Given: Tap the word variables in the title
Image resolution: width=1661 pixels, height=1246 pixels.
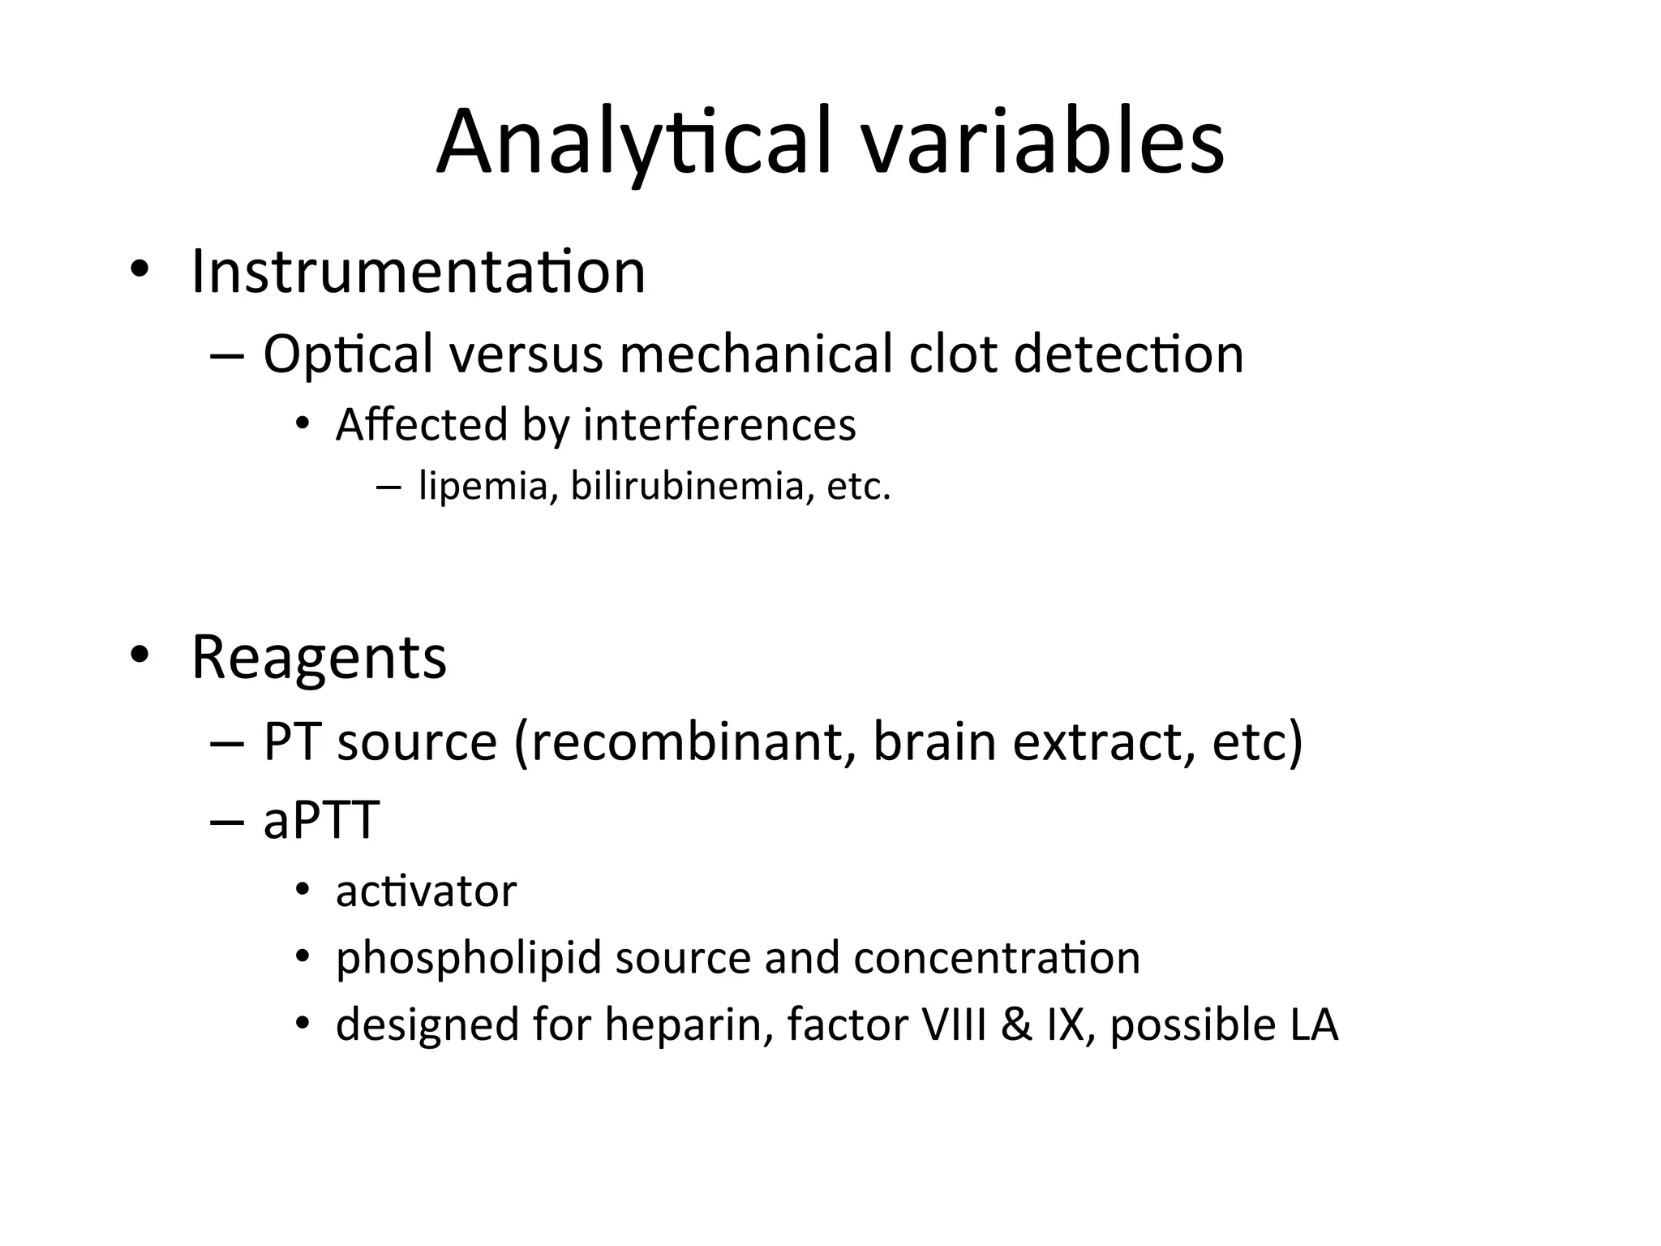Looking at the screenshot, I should pos(1042,143).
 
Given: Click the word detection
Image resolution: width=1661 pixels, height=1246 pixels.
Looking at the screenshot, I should pos(1128,355).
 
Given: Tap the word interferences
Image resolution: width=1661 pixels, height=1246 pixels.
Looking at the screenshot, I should pos(719,425).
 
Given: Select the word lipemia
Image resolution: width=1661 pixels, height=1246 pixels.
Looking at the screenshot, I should pos(483,487).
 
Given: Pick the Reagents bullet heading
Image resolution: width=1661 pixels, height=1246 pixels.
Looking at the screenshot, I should pos(319,657).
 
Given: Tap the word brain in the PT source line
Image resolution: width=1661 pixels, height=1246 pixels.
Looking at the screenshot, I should pos(934,742).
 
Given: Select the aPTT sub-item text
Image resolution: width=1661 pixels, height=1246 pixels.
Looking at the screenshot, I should pos(321,820).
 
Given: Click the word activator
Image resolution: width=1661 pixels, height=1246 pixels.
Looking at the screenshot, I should pos(426,892).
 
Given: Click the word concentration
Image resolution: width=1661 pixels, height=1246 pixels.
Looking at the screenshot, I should pos(997,959).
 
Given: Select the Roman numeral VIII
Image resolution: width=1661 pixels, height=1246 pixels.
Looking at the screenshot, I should pos(955,1025).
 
